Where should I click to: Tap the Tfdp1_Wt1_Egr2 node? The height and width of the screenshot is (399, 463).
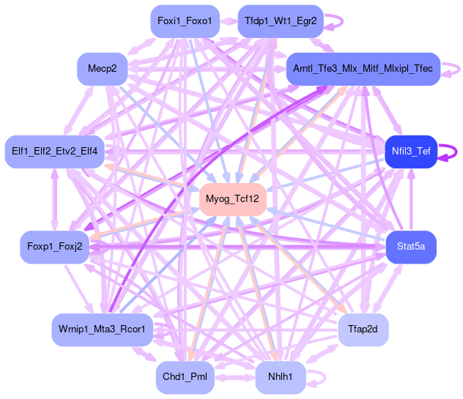tap(281, 21)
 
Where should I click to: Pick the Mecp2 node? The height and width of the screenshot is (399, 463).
tap(102, 68)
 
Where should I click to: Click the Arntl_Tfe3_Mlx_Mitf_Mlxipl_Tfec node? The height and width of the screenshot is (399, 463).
tap(363, 68)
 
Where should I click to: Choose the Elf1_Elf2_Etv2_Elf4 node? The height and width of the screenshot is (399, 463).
tap(55, 152)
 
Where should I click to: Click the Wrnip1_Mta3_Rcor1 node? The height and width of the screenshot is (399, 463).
tap(102, 329)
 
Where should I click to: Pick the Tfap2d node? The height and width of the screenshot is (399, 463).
tap(363, 329)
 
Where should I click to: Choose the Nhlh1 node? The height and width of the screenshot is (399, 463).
tap(281, 377)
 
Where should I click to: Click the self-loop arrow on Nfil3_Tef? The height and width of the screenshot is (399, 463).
tap(456, 152)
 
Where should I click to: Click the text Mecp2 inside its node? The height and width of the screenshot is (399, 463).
tap(102, 68)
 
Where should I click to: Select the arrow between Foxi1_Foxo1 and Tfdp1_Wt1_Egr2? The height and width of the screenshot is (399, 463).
tap(228, 21)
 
